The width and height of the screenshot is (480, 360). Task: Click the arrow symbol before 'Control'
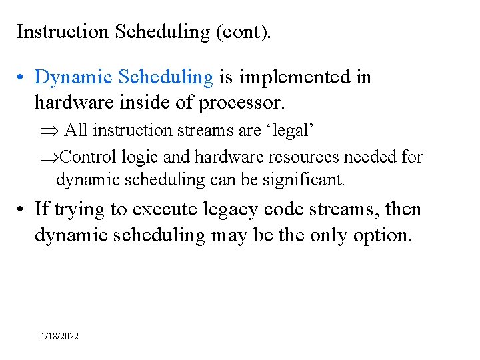tap(48, 157)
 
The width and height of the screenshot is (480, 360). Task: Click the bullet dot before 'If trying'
tap(22, 210)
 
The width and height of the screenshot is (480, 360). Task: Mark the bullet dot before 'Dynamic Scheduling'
tap(22, 78)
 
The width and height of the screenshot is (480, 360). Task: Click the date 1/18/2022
tap(59, 336)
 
